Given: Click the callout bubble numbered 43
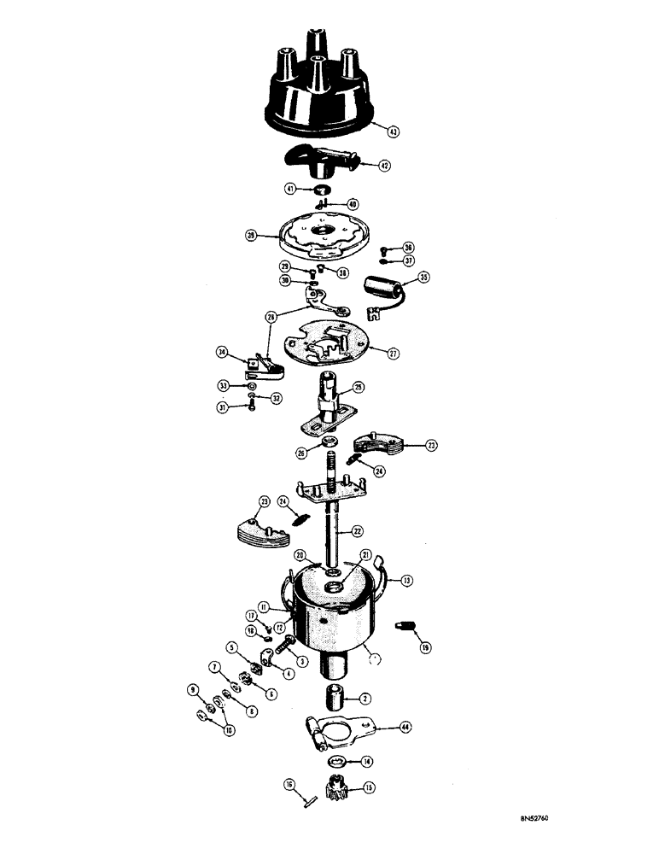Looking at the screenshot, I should click(x=393, y=132).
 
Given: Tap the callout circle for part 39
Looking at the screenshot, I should click(x=252, y=233).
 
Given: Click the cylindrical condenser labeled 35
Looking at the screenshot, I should click(x=382, y=290).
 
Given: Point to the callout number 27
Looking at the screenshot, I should click(x=393, y=352).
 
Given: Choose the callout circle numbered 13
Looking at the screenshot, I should click(x=407, y=580).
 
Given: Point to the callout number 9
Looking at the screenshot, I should click(x=192, y=689).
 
